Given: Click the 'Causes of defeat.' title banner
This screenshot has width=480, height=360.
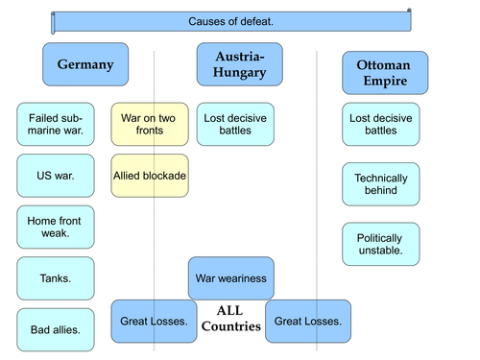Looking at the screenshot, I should [231, 20].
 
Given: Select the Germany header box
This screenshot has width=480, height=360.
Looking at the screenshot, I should [85, 65].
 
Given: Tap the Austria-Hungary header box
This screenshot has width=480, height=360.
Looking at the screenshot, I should [240, 65].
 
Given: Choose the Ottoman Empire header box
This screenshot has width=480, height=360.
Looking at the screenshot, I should [381, 73].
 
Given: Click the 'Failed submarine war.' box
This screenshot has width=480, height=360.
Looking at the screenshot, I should [56, 124].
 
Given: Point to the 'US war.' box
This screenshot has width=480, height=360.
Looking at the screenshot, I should [56, 176].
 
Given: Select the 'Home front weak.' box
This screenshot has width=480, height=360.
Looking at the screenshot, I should [56, 228].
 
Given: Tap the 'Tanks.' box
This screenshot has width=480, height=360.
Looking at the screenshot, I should [56, 278].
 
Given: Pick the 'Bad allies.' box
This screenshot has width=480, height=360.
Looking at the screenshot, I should [56, 330].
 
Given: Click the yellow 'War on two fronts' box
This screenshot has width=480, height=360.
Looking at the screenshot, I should [149, 124].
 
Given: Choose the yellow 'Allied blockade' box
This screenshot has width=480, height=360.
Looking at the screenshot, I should [149, 176].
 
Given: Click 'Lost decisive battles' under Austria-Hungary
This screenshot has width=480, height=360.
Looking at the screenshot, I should [235, 124].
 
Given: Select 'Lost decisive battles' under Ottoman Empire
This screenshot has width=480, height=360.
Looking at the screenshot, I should [381, 124].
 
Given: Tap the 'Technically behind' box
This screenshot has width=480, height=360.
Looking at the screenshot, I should [381, 184].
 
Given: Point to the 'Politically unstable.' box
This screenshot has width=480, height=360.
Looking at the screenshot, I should [381, 244].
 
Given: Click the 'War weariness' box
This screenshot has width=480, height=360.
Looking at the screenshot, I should [230, 278].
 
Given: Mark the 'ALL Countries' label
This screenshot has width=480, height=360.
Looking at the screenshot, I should [230, 319].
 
